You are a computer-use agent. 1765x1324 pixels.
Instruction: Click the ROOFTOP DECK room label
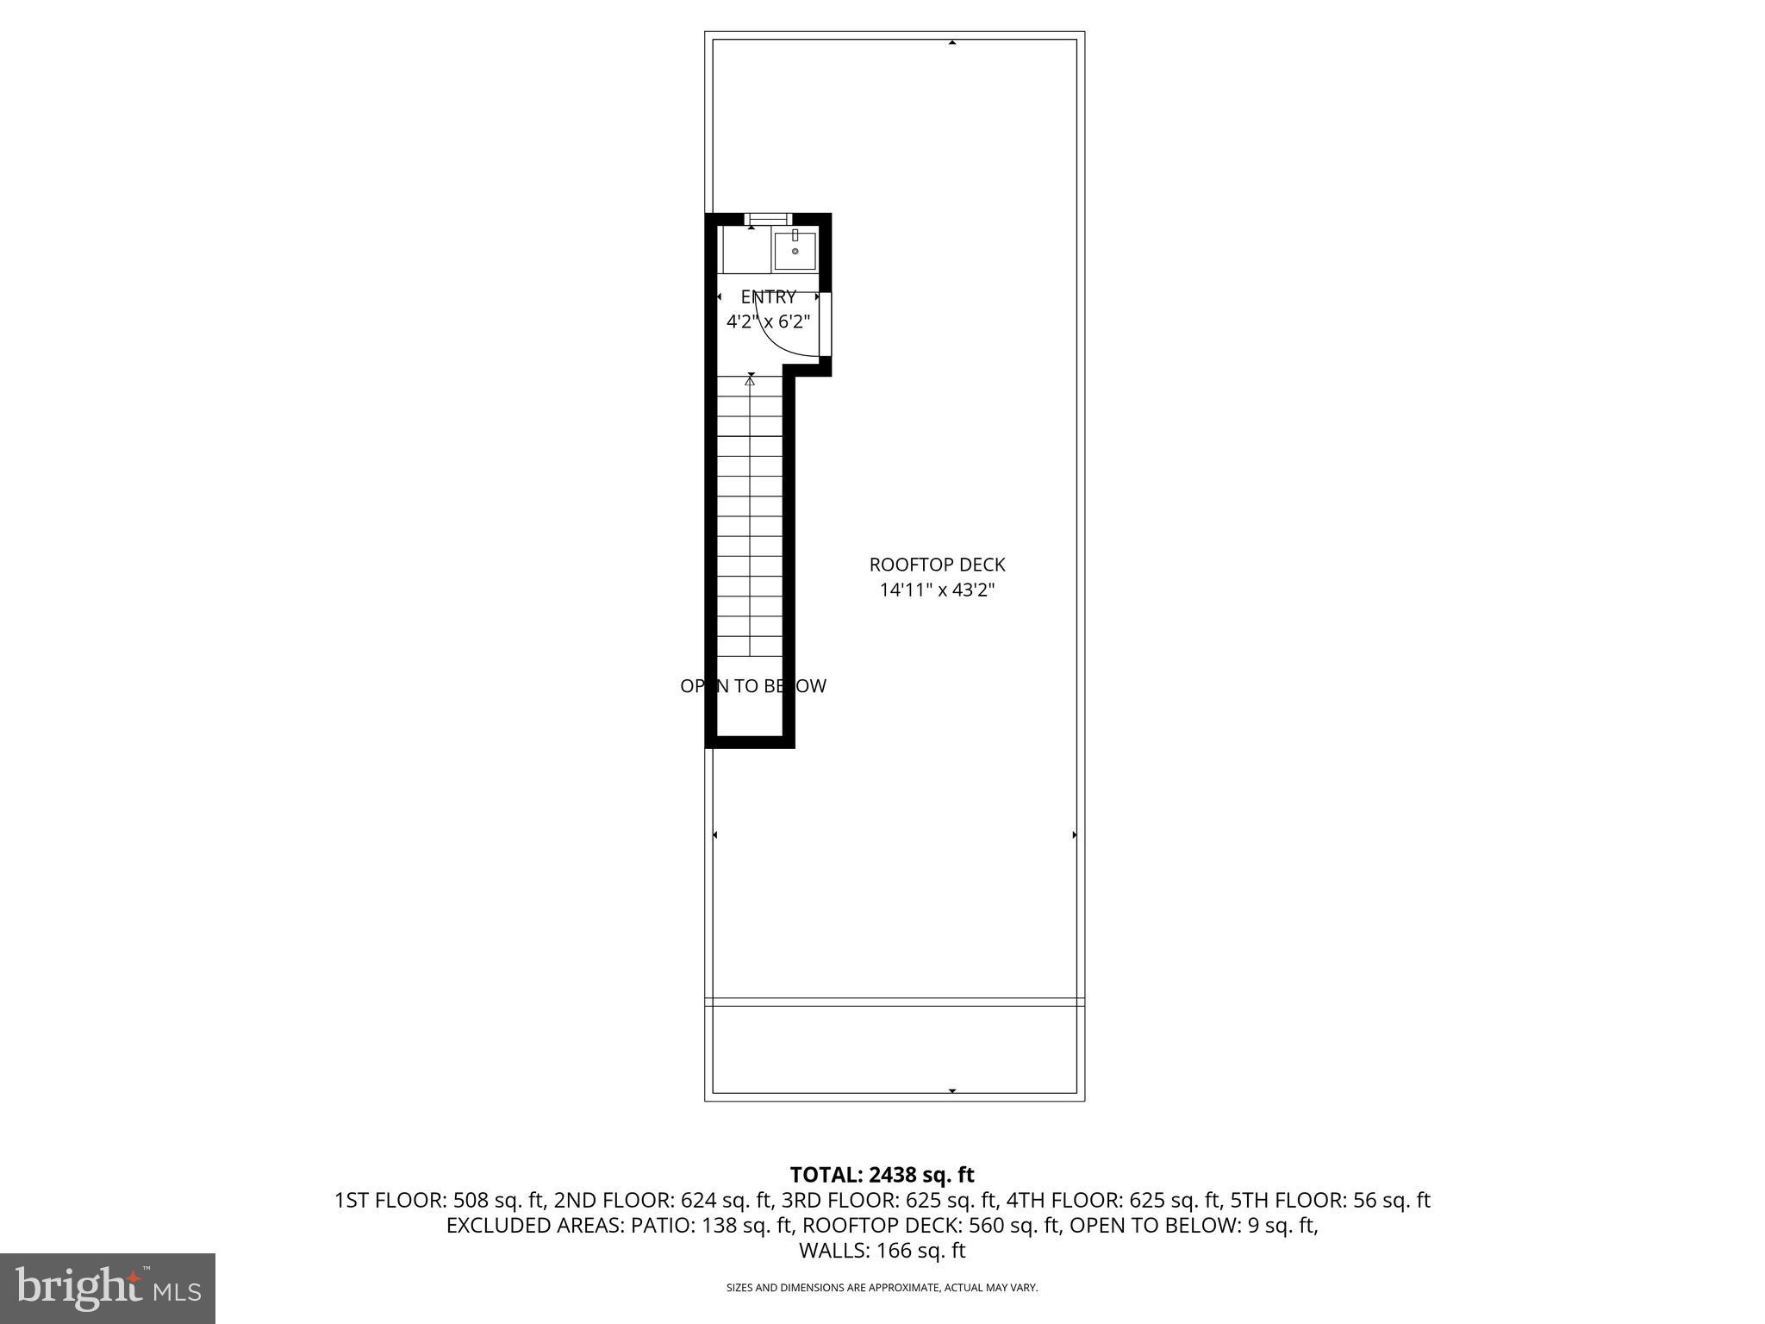coord(937,565)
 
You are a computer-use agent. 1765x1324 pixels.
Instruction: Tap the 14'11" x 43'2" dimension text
coord(937,590)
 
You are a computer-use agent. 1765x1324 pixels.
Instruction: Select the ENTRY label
coord(768,297)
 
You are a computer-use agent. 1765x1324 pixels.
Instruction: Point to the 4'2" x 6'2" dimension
coord(768,322)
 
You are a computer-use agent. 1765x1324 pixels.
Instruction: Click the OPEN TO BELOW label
coord(752,686)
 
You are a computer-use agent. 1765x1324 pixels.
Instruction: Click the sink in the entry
coord(795,251)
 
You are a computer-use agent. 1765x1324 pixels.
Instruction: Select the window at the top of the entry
coord(768,219)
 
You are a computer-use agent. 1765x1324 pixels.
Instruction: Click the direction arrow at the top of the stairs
coord(751,378)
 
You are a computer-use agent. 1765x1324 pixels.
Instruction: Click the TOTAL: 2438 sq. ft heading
coord(882,1175)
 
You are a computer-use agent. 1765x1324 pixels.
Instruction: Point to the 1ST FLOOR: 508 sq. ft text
coord(440,1200)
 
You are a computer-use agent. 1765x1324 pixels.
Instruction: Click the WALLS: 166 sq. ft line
coord(882,1251)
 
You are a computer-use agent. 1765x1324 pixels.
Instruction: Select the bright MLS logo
coord(108,1288)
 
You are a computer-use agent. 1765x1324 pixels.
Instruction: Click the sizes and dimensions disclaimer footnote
coord(882,1288)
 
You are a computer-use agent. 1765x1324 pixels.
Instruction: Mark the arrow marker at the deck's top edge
coord(952,42)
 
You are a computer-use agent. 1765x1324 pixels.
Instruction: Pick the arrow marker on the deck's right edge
coord(1074,834)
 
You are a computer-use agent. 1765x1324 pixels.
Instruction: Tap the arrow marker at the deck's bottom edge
coord(952,1091)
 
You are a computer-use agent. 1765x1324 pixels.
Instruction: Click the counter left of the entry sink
coord(746,251)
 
